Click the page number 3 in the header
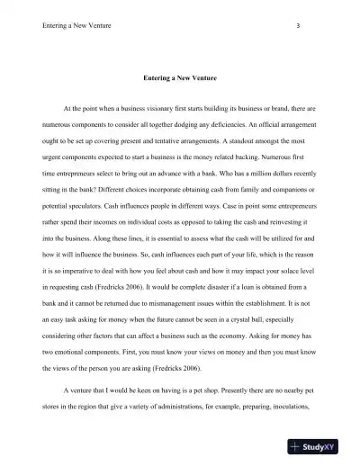coord(297,25)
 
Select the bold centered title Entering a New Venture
coord(182,77)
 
